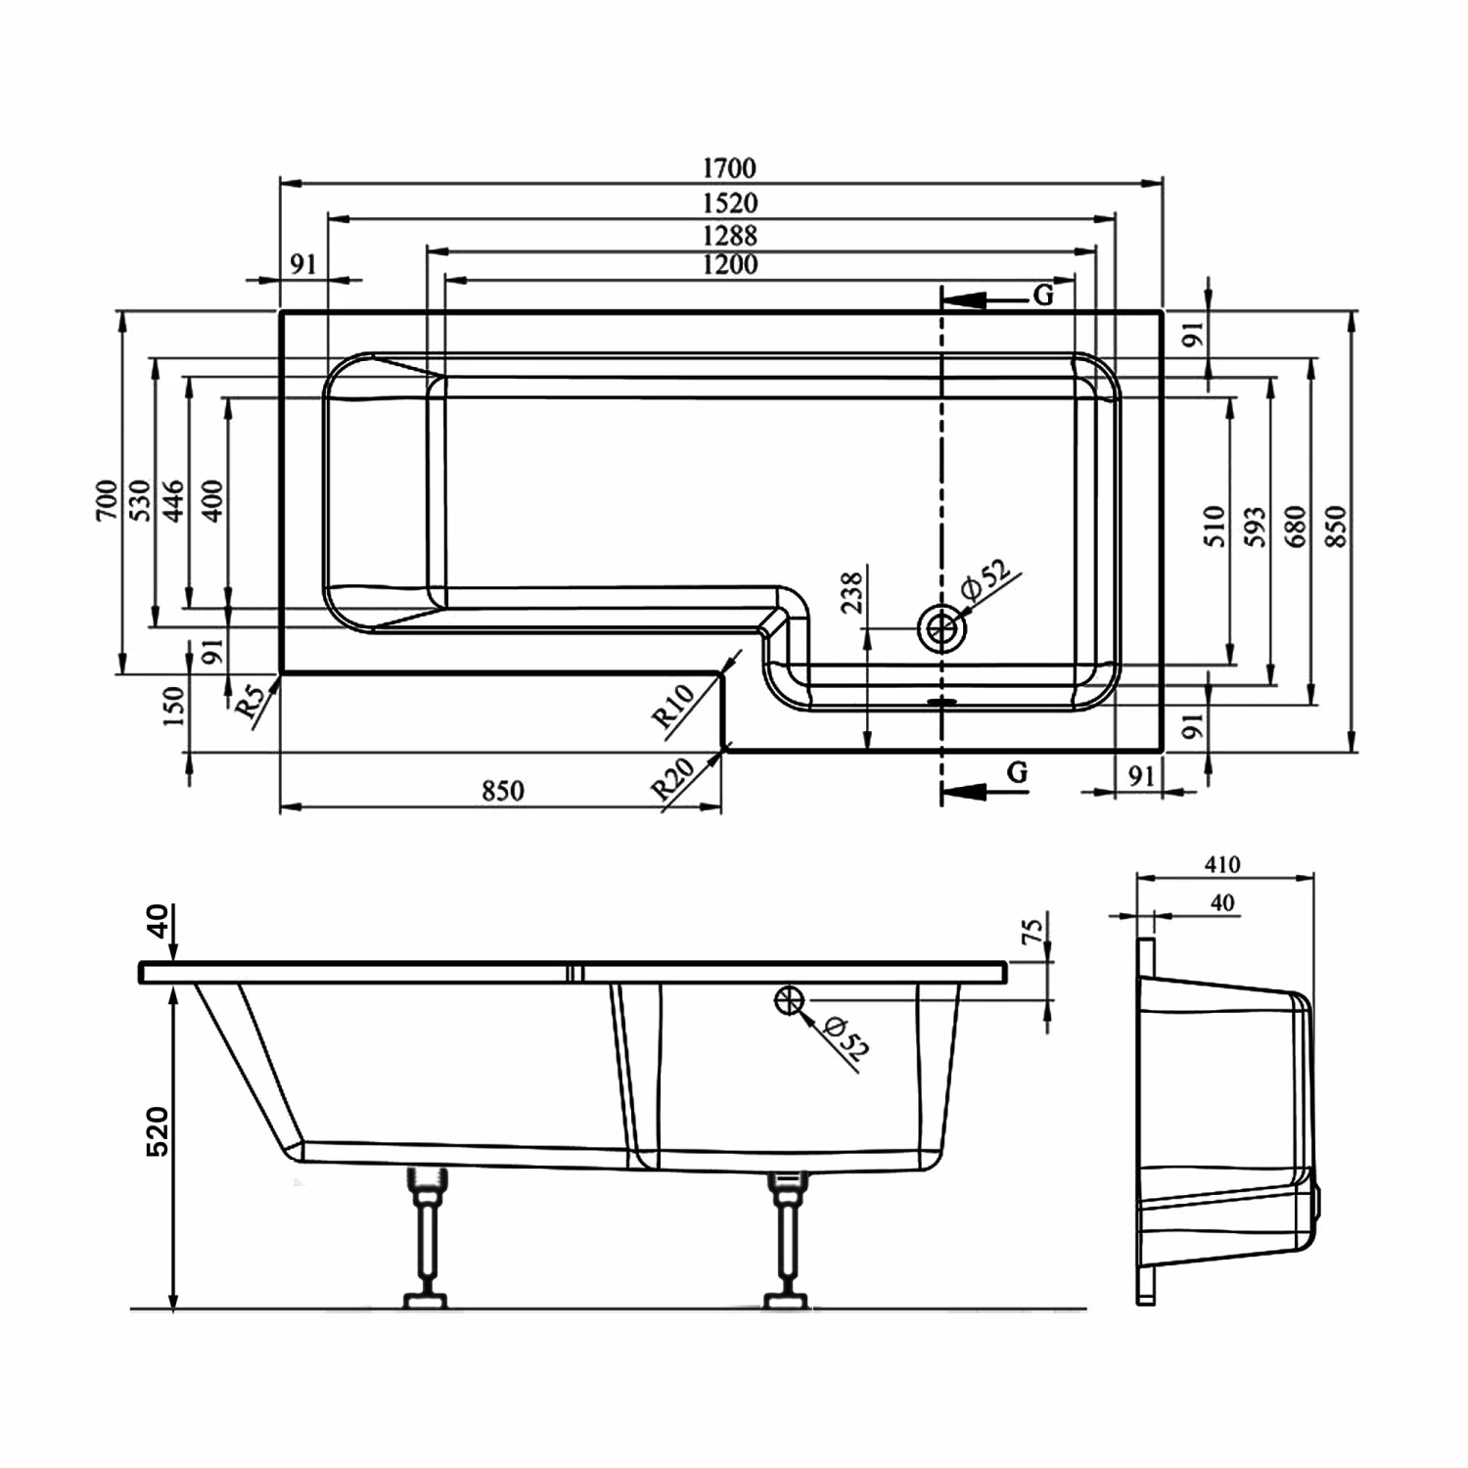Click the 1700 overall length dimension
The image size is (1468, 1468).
[729, 168]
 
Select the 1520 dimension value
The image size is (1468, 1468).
[729, 203]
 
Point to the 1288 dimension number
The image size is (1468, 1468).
[729, 236]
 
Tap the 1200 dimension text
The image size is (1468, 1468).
[729, 264]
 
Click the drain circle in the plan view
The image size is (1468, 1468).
[941, 628]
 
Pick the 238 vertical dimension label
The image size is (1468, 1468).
[851, 593]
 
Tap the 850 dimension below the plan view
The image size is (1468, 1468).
[502, 791]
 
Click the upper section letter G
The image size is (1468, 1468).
[1043, 296]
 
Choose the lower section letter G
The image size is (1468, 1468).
[1017, 773]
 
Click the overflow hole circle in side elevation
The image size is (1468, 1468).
[789, 1000]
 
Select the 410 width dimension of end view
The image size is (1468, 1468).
[1222, 864]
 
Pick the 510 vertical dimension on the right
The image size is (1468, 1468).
[1214, 526]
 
